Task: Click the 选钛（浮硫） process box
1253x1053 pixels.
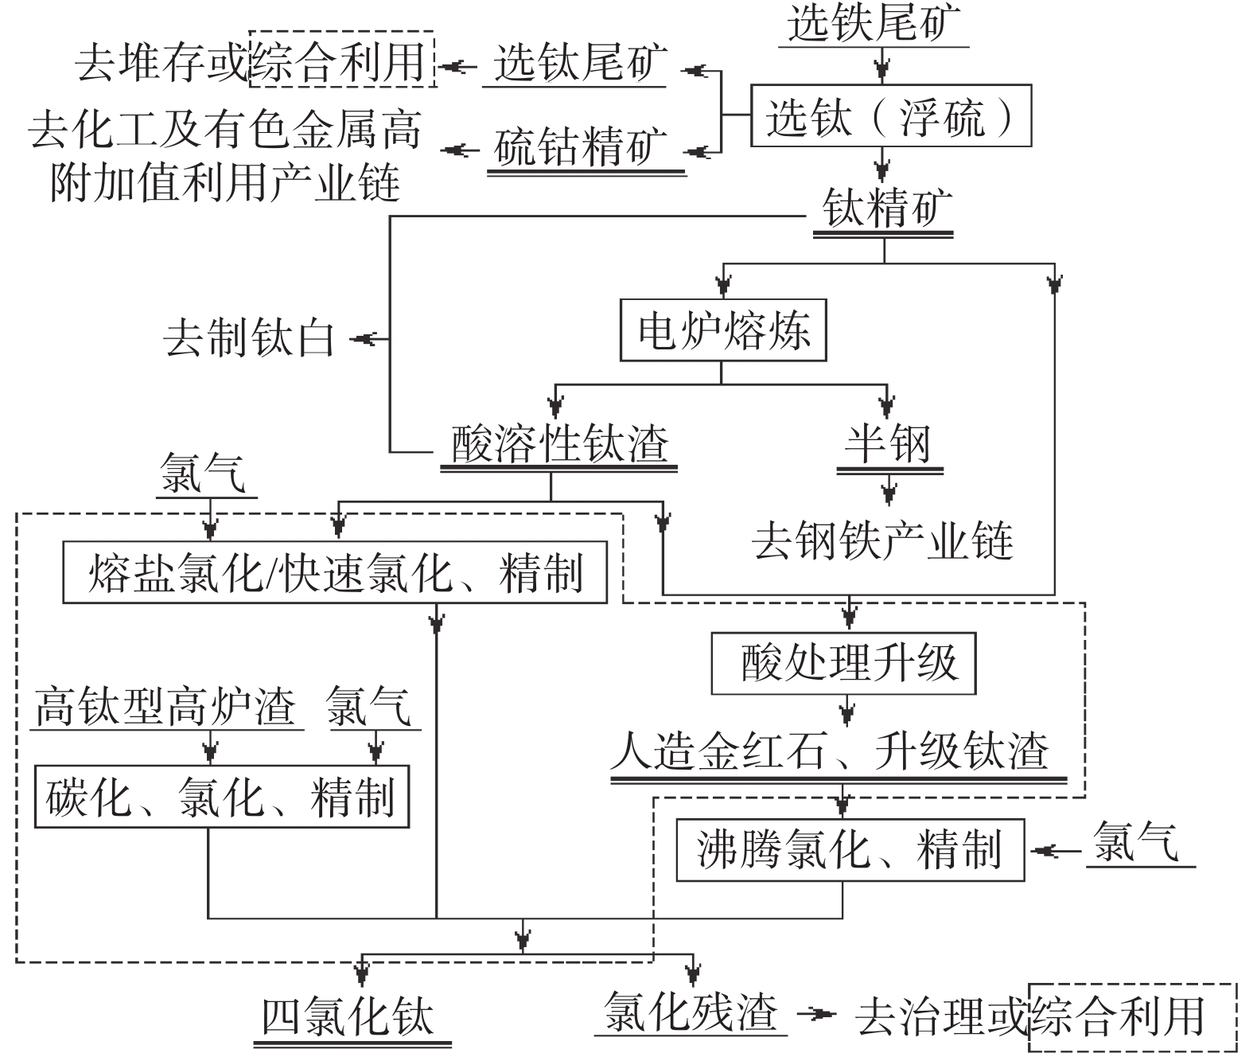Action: [890, 115]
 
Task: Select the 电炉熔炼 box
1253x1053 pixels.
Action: [722, 330]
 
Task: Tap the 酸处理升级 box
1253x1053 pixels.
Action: [842, 664]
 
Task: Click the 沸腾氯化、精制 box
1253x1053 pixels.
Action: [850, 850]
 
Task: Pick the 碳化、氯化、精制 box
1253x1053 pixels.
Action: [221, 797]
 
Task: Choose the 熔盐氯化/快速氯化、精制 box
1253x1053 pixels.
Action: [334, 573]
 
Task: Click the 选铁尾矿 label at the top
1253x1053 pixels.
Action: [873, 24]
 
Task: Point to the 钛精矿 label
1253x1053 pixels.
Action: [883, 210]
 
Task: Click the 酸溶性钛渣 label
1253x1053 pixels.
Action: [559, 444]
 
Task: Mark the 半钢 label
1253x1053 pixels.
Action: [888, 444]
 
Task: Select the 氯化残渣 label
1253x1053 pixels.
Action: [690, 1012]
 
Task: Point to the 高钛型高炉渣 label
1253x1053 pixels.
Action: [165, 706]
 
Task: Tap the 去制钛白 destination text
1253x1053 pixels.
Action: [249, 340]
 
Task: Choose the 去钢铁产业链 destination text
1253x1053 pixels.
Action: [883, 541]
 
